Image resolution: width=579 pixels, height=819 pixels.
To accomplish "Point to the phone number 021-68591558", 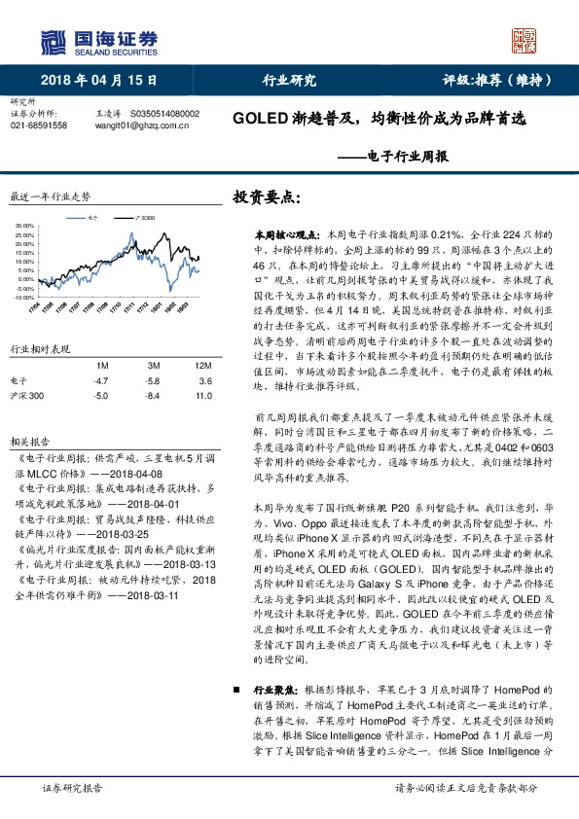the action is tap(39, 125).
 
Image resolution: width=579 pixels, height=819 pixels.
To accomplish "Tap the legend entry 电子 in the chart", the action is tap(92, 220).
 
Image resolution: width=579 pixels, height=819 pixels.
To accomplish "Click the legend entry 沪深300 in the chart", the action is tap(144, 220).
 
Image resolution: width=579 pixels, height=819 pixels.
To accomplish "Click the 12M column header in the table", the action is tap(202, 364).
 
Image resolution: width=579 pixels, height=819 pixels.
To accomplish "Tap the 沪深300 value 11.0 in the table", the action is tap(202, 396).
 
